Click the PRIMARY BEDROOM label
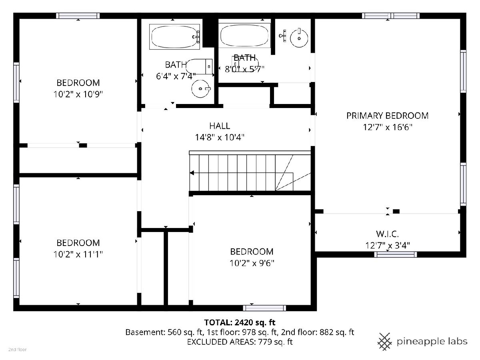[387, 116]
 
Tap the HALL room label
[220, 126]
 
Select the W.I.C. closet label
[387, 234]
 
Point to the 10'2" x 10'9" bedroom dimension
[78, 94]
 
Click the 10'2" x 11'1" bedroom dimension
[78, 254]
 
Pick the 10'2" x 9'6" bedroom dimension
[252, 263]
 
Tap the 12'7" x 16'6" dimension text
[388, 127]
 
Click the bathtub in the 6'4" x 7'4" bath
[174, 37]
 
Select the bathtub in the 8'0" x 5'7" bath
[244, 36]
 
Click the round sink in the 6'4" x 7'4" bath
[200, 89]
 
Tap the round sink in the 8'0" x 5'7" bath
[299, 38]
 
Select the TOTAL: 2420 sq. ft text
[240, 322]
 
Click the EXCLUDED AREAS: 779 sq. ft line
[240, 342]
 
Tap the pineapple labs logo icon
[385, 342]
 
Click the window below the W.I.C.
[395, 254]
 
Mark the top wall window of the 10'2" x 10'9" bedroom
[78, 16]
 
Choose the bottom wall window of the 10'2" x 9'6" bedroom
[264, 308]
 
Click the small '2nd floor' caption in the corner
[18, 350]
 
